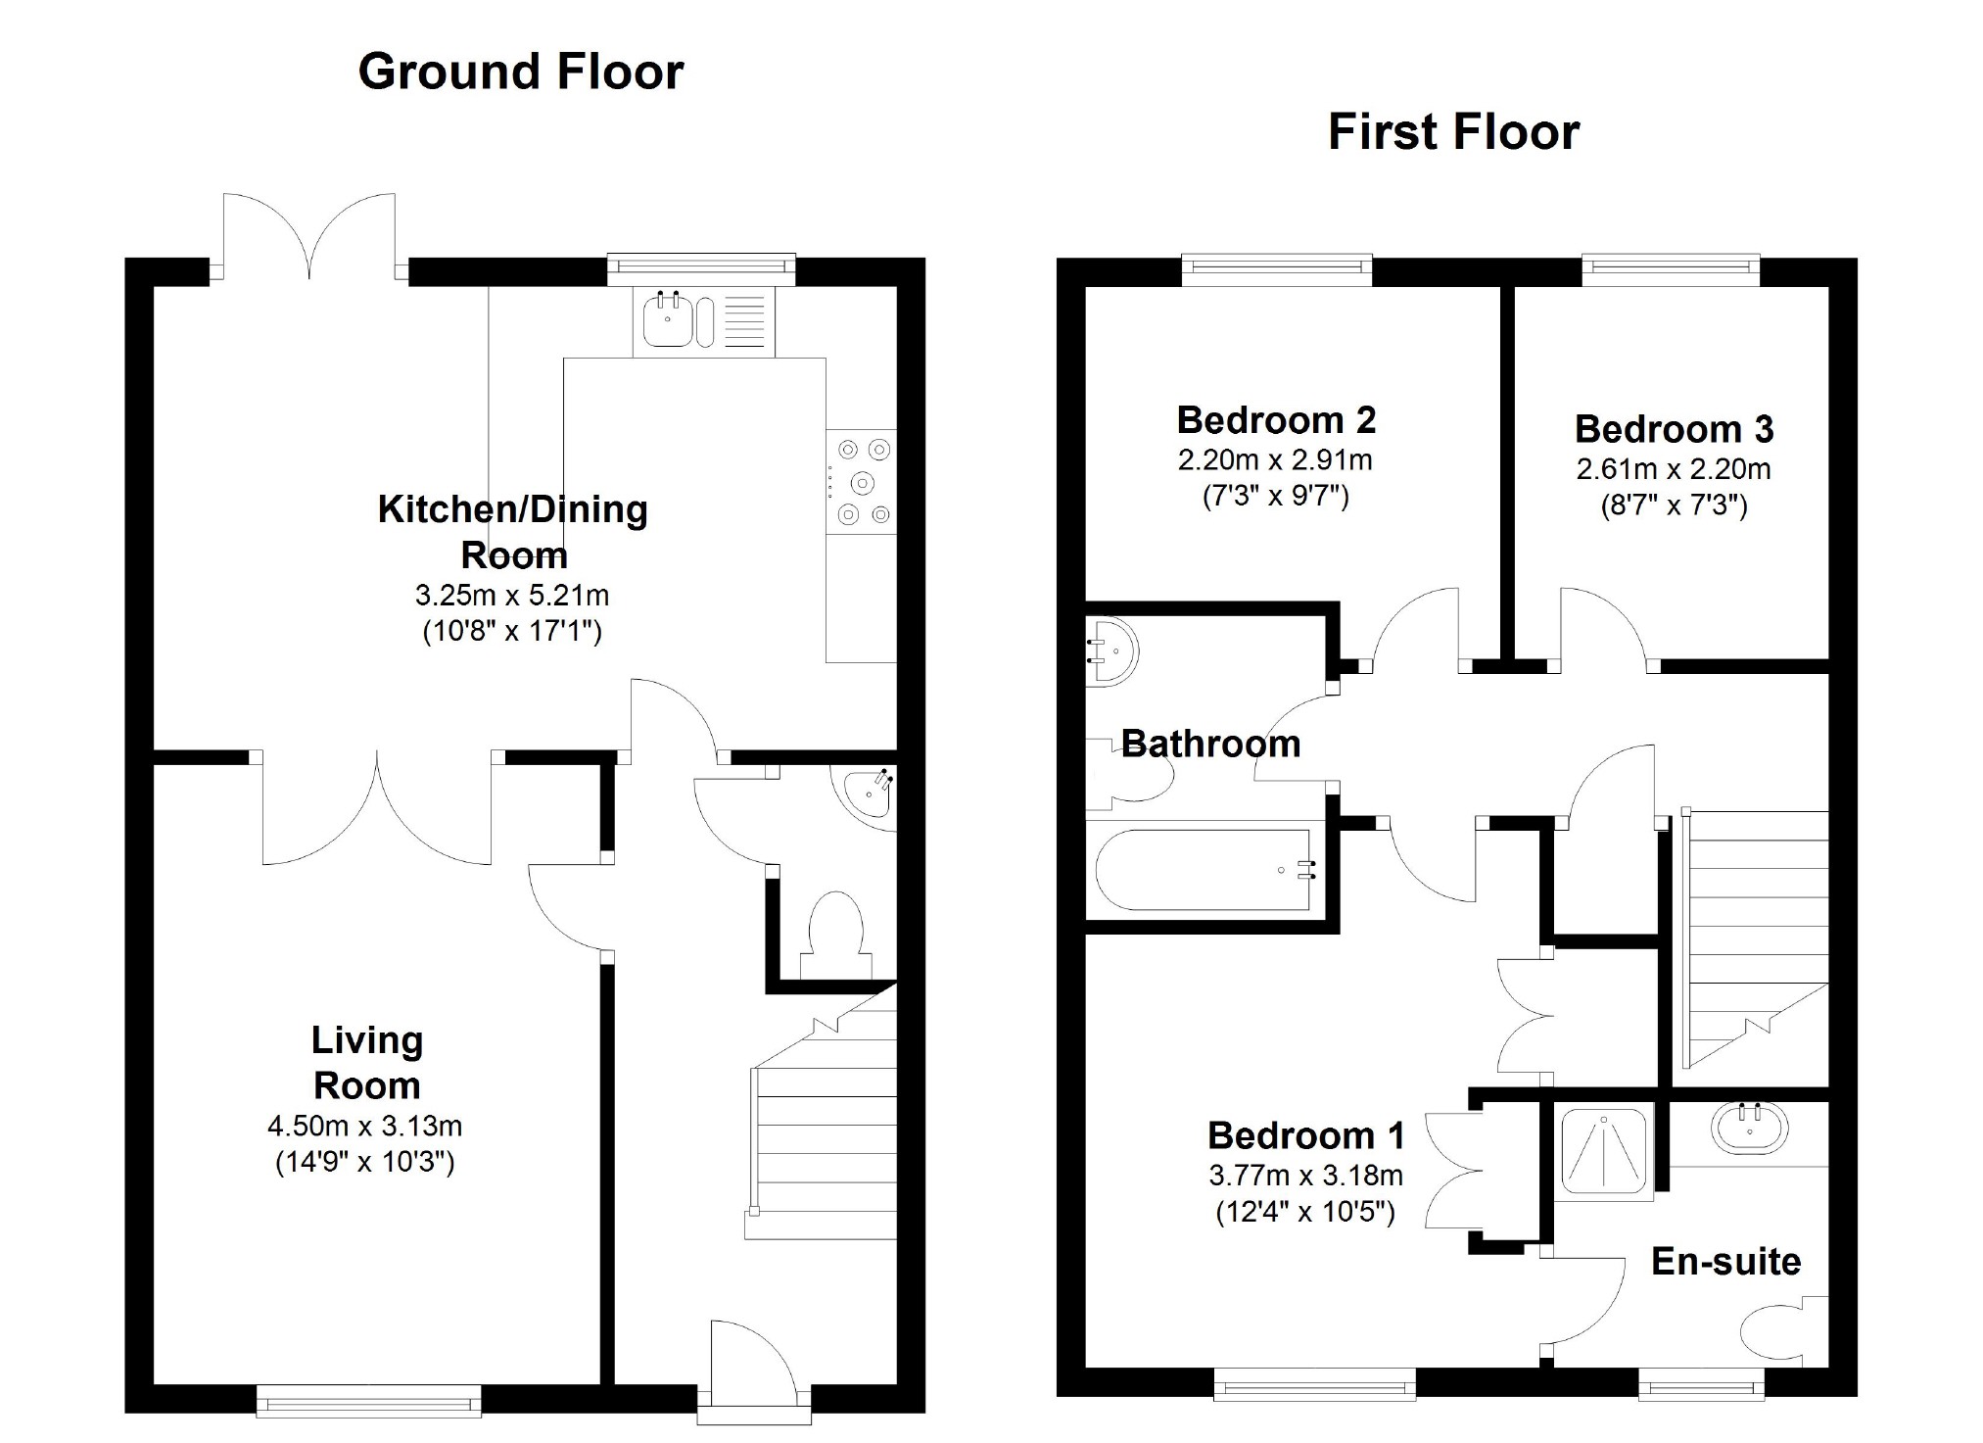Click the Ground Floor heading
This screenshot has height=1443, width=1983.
[x=520, y=72]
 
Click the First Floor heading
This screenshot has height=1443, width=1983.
[x=1453, y=132]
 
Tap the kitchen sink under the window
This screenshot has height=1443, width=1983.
[x=669, y=321]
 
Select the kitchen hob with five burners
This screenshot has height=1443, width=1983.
[x=861, y=482]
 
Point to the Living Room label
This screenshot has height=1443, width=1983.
[x=366, y=1063]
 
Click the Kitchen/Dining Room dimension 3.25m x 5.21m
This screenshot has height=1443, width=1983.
[x=512, y=595]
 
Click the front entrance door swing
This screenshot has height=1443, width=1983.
[x=749, y=1357]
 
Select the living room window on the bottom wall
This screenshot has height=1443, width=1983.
[x=368, y=1400]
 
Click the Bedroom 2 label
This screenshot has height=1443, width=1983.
[x=1276, y=420]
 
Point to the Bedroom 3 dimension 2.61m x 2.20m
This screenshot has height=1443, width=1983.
[x=1673, y=469]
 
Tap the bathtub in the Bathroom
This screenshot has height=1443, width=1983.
[x=1204, y=870]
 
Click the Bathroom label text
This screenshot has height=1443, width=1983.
[x=1210, y=745]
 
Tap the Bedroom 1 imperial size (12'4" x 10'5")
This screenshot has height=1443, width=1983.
[x=1304, y=1213]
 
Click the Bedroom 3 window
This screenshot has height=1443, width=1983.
[x=1671, y=270]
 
